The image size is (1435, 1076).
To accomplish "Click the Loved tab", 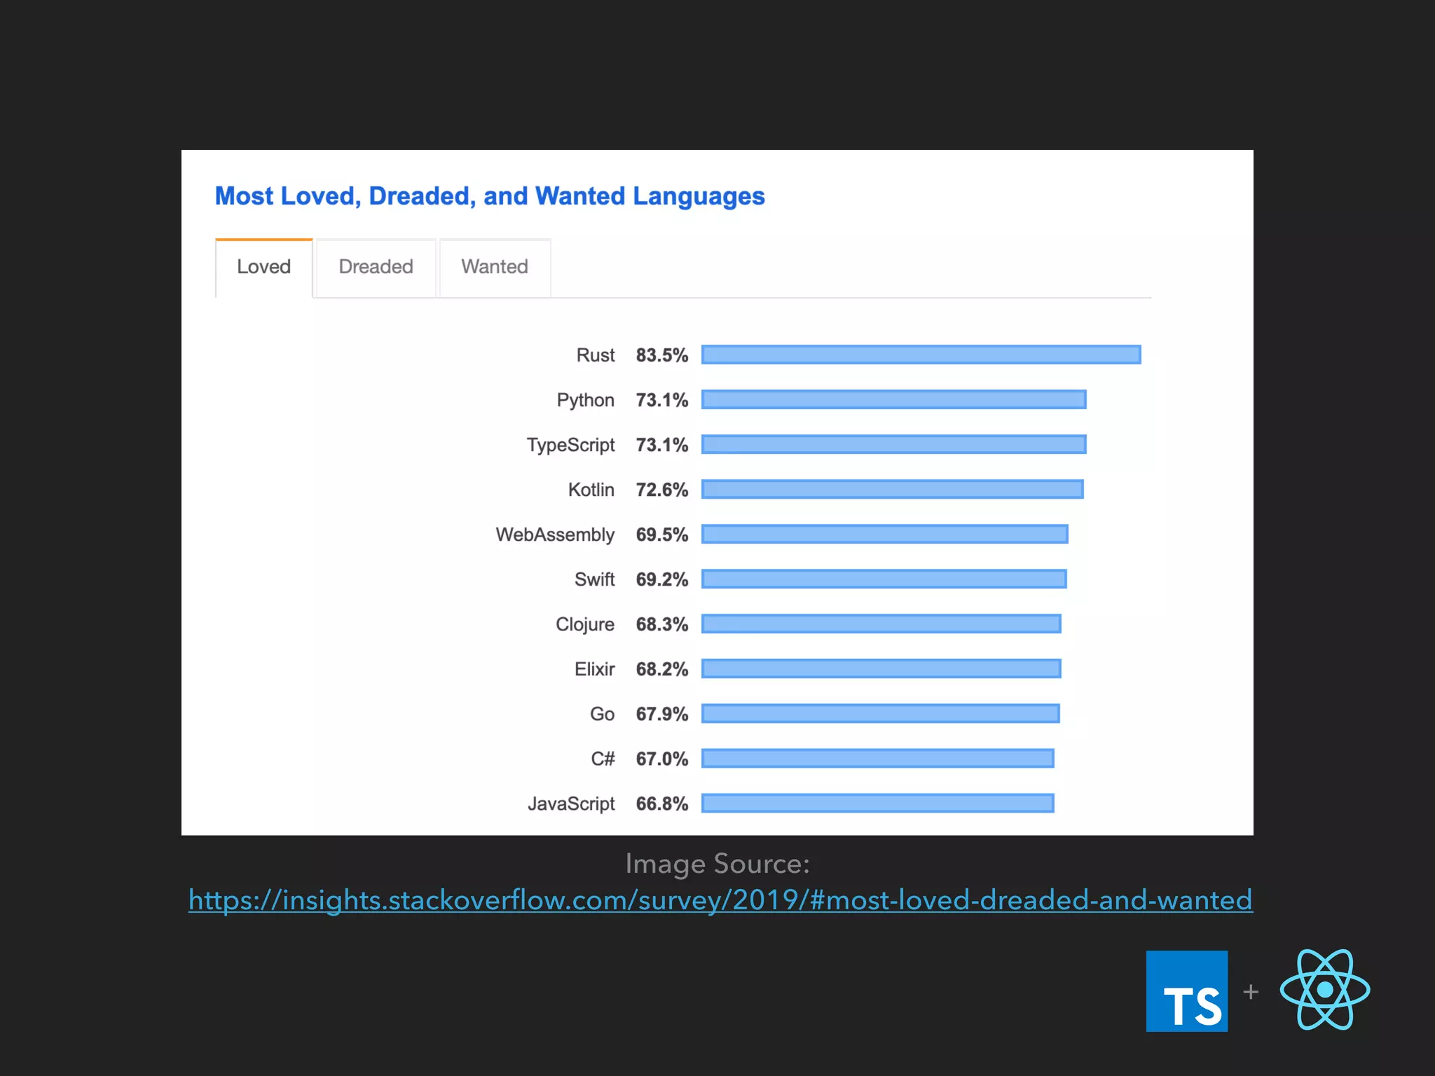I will (263, 267).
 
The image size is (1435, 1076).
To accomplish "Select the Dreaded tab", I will (376, 267).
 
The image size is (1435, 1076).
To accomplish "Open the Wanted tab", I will (495, 267).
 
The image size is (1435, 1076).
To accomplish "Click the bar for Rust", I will (921, 354).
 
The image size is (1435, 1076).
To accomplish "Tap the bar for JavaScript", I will (877, 803).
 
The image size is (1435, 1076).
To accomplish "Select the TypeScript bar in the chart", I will (893, 444).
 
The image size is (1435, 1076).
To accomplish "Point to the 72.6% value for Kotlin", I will (661, 490).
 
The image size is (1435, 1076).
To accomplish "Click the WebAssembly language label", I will (555, 534).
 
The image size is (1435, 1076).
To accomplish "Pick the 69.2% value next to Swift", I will (661, 579).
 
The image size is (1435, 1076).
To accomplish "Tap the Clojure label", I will (585, 624).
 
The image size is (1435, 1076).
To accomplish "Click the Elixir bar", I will (881, 668).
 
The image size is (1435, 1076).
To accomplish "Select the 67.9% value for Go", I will (661, 714).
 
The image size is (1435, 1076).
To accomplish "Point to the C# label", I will (603, 759).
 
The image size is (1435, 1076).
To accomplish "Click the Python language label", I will (585, 400).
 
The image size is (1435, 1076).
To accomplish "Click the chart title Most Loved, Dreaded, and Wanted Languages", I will (490, 196).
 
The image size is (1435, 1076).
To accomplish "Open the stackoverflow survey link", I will (720, 900).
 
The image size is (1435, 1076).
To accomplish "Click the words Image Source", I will (717, 864).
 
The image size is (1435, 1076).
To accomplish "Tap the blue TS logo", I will (1186, 991).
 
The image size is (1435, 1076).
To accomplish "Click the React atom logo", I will (1324, 989).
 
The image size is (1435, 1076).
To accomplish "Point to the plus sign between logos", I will (1251, 992).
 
